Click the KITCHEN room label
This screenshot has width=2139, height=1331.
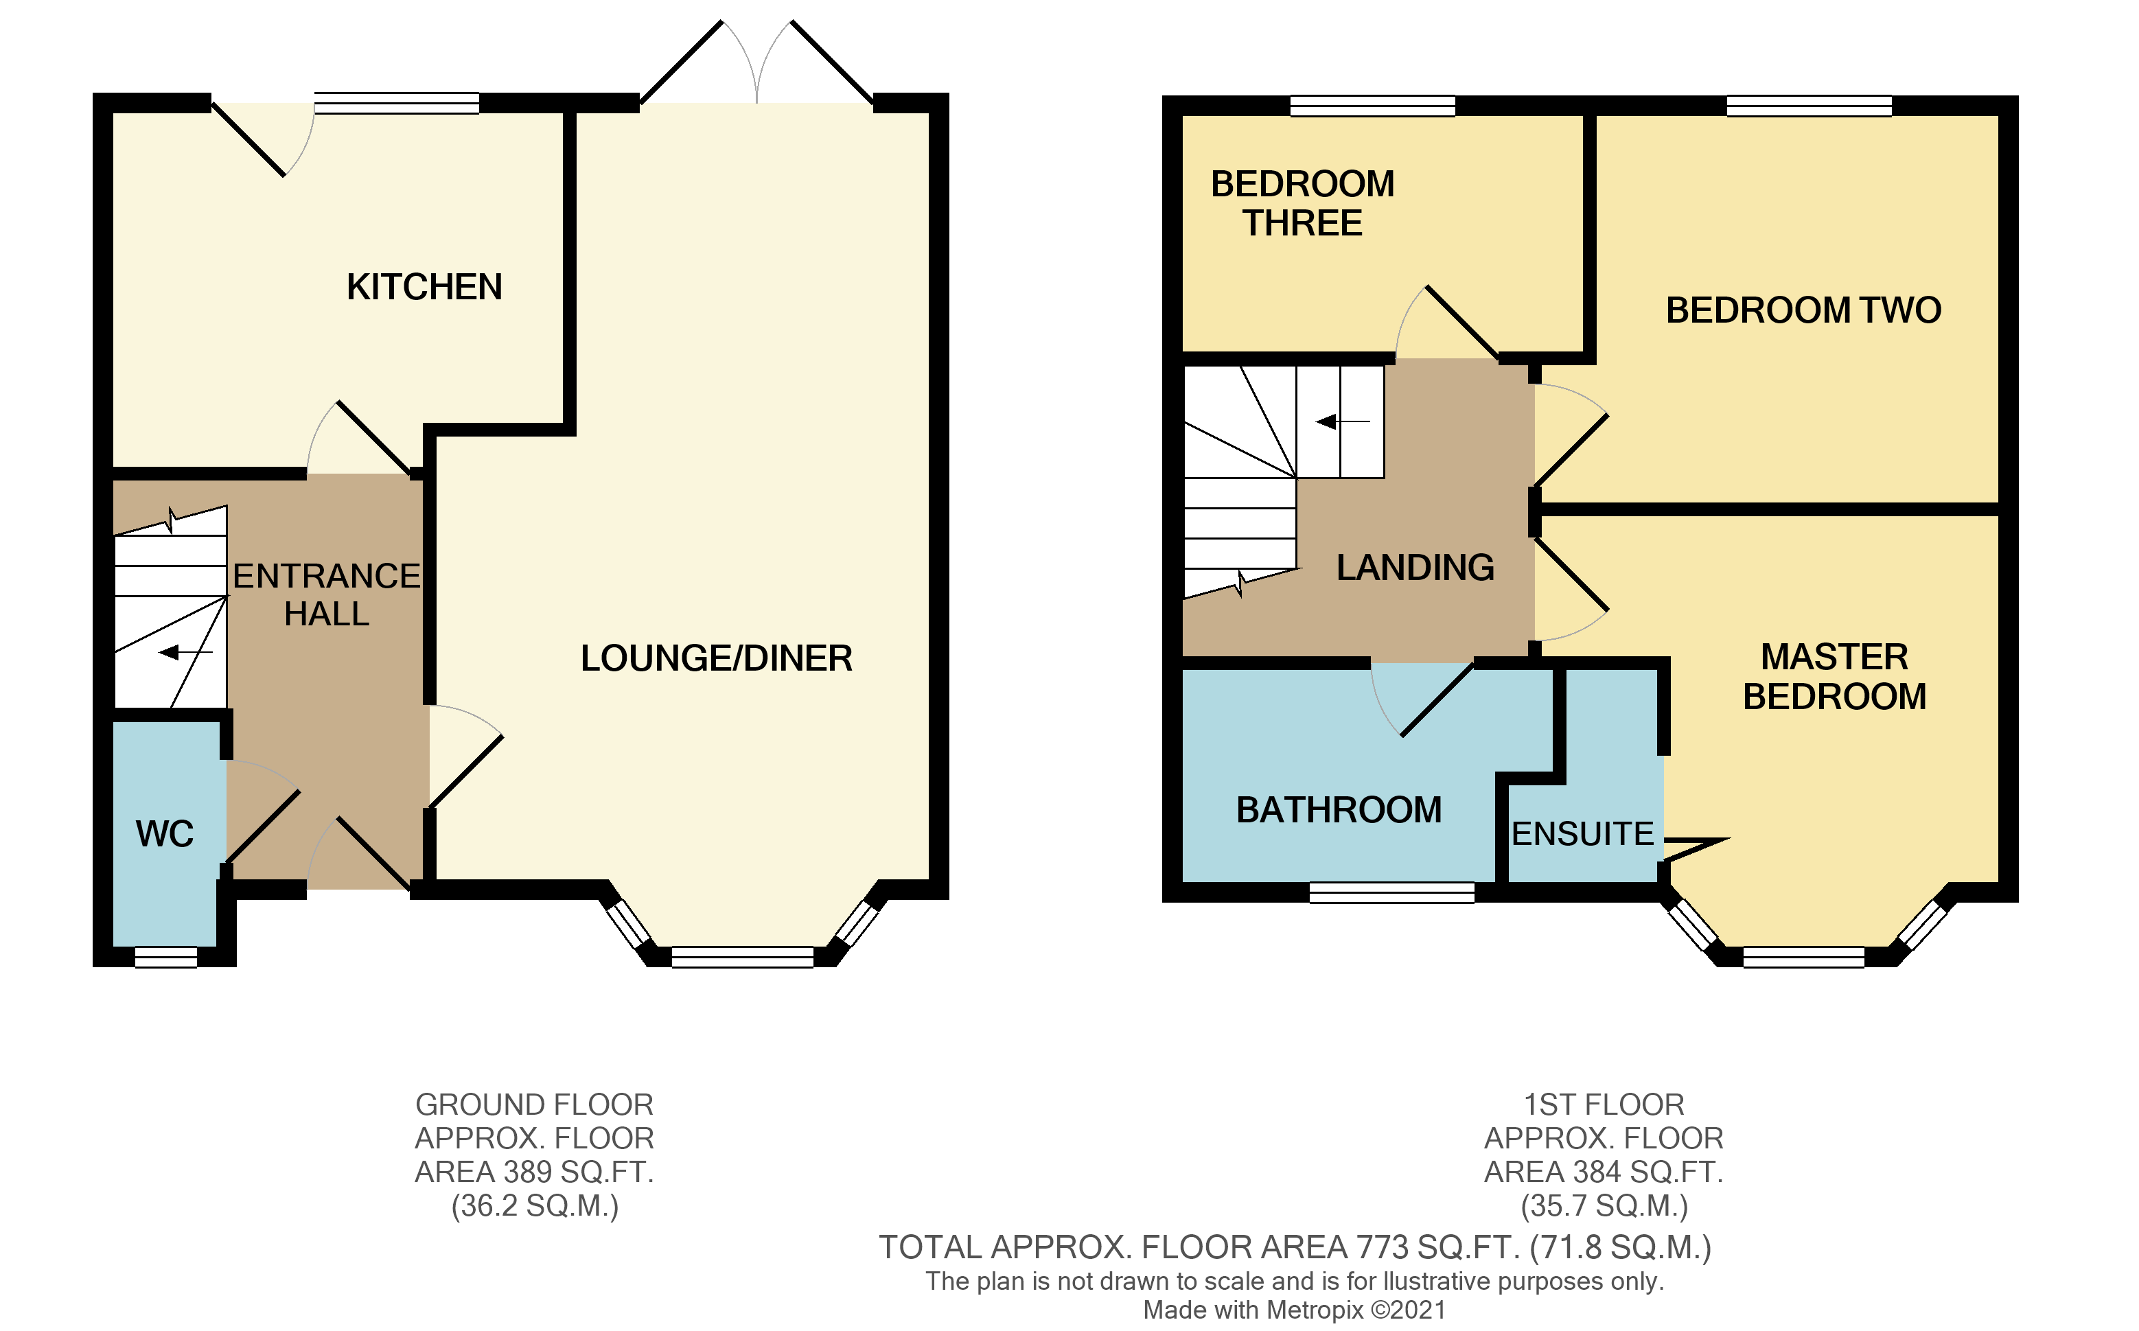tap(424, 287)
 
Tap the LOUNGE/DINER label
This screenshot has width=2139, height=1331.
tap(716, 658)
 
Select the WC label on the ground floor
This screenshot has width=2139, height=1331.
tap(165, 833)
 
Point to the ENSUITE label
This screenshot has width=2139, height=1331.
tap(1583, 833)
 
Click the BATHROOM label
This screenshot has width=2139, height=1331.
tap(1339, 810)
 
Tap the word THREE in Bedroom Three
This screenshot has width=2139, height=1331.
tap(1302, 224)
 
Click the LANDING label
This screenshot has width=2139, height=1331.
tap(1415, 568)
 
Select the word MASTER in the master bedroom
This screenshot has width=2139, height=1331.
tap(1834, 657)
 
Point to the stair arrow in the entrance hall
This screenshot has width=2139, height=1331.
tap(185, 652)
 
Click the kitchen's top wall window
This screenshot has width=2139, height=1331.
tap(397, 104)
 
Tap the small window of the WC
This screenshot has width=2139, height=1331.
tap(165, 958)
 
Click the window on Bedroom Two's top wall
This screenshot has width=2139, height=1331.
tap(1809, 106)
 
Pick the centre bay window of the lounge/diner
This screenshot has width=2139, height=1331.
tap(742, 958)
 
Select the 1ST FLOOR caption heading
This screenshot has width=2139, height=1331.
tap(1604, 1104)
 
